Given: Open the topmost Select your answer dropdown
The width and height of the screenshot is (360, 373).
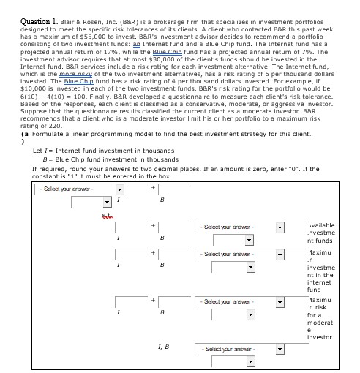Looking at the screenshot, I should [80, 189].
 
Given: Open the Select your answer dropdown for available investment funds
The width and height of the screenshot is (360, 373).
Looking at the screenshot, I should [241, 227].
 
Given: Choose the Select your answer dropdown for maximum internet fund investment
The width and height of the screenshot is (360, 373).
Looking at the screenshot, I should [241, 255].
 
